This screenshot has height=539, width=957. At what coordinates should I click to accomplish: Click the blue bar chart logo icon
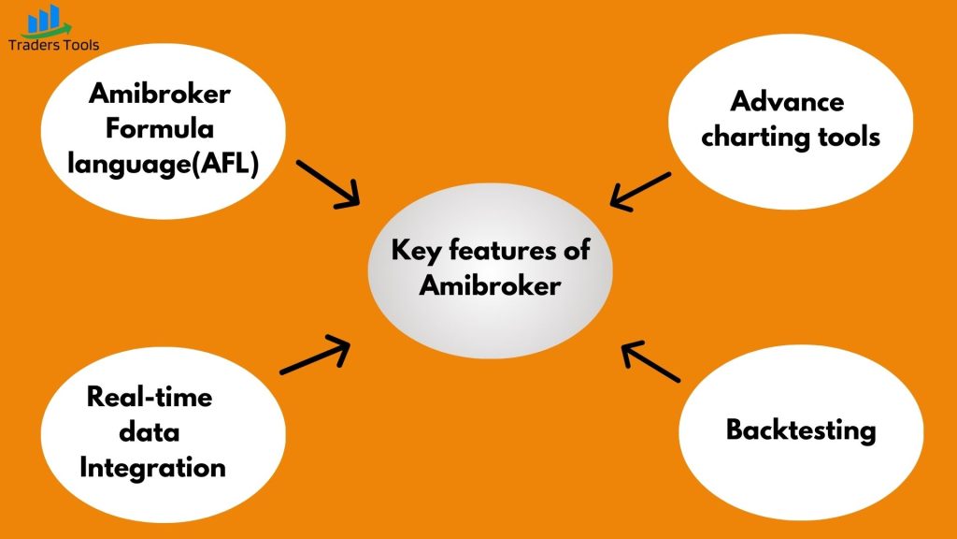47,21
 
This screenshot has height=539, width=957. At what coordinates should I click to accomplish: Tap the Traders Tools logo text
53,45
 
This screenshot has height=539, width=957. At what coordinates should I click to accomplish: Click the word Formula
160,128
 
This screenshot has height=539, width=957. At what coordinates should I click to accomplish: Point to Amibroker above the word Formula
159,94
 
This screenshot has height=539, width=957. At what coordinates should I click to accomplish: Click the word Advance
787,101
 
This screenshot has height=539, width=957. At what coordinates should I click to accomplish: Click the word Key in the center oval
416,251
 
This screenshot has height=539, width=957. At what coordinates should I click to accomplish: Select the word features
502,250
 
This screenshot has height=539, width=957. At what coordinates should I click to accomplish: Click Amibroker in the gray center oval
490,285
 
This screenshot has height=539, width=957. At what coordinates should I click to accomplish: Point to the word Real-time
150,397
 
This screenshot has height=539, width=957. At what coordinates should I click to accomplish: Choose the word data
150,432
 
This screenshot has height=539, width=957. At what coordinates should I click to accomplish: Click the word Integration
152,468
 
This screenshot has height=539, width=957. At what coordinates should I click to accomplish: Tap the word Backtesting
801,430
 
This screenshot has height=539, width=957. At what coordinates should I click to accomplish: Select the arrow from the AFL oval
328,184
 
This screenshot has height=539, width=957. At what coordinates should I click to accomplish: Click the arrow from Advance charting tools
640,191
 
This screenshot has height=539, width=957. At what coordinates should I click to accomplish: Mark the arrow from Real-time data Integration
315,354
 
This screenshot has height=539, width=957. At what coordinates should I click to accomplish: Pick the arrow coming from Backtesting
650,362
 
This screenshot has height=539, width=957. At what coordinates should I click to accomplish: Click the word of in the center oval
577,250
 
